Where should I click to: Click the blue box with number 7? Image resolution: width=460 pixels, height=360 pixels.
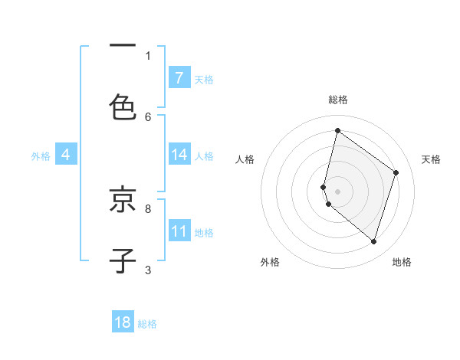pos(179,77)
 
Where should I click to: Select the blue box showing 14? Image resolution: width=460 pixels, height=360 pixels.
pos(179,155)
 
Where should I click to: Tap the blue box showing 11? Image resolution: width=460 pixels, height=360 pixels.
pos(179,231)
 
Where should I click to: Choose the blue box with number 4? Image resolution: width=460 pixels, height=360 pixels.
pos(65,155)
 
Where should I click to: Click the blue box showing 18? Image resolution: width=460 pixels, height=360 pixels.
pos(123,322)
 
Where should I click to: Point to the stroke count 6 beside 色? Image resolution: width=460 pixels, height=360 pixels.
pos(148,116)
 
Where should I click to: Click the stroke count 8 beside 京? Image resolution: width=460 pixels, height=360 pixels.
pos(148,208)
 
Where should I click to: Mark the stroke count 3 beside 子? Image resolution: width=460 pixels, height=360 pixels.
pos(148,269)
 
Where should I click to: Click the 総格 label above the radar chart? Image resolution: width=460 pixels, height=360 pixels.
pos(338,100)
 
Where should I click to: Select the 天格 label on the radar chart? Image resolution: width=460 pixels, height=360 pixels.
pos(432,159)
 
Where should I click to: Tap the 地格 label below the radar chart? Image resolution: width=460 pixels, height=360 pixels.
pos(402,262)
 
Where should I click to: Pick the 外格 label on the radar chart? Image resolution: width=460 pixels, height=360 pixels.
pos(270,262)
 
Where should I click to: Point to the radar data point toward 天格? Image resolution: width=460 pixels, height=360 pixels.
pos(396,172)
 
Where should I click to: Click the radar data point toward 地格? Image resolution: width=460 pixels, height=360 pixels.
pos(374,242)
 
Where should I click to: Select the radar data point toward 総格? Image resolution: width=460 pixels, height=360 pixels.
pos(337,131)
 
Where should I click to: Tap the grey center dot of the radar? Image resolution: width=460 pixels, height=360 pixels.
pos(337,191)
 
